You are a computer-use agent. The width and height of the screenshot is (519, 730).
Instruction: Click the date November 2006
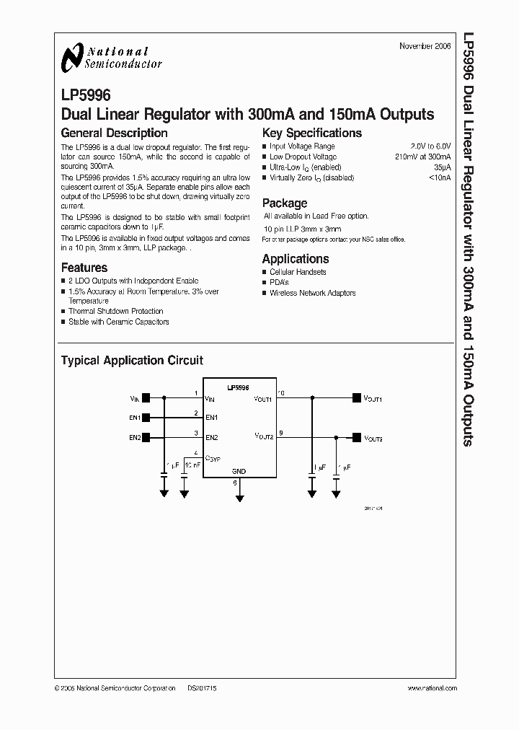[425, 46]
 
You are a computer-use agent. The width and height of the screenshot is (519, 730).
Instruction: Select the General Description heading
[114, 133]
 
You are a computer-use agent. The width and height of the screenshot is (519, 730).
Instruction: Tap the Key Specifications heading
[311, 133]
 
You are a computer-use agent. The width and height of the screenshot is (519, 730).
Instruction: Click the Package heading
[284, 203]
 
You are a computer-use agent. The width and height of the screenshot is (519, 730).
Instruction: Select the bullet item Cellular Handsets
[298, 272]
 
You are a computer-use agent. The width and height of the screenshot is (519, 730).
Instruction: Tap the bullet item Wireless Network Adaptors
[312, 293]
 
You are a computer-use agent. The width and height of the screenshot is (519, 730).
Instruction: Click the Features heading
[84, 268]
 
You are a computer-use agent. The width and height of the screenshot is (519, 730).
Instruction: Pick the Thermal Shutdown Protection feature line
[115, 311]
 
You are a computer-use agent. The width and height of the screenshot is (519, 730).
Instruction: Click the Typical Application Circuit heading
[132, 360]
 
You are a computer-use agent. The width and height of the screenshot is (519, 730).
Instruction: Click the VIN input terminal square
[146, 397]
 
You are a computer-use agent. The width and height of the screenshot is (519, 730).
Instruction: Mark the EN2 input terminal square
[146, 437]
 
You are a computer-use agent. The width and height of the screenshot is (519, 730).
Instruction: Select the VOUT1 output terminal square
[355, 397]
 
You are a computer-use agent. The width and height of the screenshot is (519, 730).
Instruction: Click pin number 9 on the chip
[281, 433]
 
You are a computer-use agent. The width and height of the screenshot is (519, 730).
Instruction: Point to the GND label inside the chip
[239, 471]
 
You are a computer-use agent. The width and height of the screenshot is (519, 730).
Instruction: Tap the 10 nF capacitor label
[192, 466]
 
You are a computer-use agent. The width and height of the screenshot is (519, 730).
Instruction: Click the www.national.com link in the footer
[432, 689]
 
